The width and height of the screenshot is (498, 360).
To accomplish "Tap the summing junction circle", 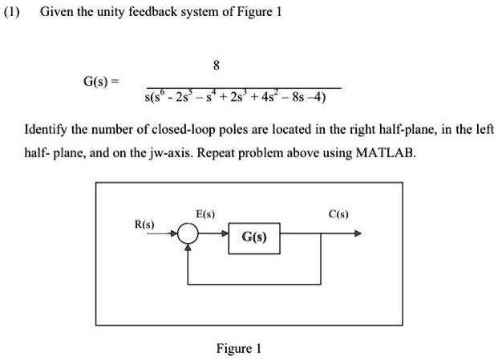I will pos(188,235).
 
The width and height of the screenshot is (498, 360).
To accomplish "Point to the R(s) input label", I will pos(144,222).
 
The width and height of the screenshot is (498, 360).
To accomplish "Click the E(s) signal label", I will pos(205,214).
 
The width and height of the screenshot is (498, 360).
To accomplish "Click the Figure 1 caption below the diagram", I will pos(238,348).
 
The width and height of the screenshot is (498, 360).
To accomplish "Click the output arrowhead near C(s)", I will pos(358,235).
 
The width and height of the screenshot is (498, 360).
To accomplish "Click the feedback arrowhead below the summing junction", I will pos(188,248).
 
